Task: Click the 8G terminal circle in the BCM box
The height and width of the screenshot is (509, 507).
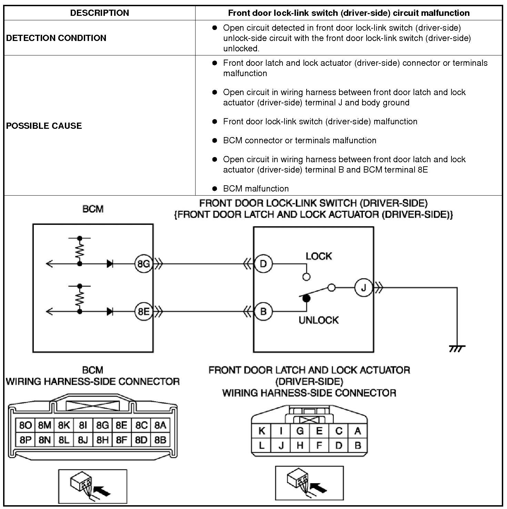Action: pyautogui.click(x=143, y=264)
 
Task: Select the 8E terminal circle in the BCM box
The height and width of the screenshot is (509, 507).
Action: pyautogui.click(x=143, y=312)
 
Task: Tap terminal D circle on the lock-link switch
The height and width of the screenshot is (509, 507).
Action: pyautogui.click(x=263, y=264)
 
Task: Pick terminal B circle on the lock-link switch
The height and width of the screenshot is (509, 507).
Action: pyautogui.click(x=263, y=312)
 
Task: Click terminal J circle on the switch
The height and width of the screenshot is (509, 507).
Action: pyautogui.click(x=363, y=288)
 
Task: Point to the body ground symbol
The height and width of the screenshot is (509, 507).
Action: pyautogui.click(x=457, y=349)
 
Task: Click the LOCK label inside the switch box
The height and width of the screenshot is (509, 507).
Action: pyautogui.click(x=319, y=256)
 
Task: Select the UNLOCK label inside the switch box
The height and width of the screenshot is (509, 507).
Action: pyautogui.click(x=319, y=320)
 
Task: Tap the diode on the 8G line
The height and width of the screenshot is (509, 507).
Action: pyautogui.click(x=110, y=264)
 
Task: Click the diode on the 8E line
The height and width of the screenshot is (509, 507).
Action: pyautogui.click(x=110, y=312)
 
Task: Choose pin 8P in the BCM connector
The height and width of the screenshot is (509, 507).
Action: pyautogui.click(x=26, y=440)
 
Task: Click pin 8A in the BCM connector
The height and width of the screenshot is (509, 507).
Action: pyautogui.click(x=160, y=425)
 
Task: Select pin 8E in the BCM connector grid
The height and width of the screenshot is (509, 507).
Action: pyautogui.click(x=121, y=425)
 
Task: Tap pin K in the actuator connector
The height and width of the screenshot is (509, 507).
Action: pyautogui.click(x=262, y=431)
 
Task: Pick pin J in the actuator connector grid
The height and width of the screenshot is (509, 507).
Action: pyautogui.click(x=281, y=446)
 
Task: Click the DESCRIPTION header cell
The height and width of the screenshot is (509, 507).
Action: pyautogui.click(x=99, y=13)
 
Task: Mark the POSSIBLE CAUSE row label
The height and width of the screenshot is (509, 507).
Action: pyautogui.click(x=44, y=126)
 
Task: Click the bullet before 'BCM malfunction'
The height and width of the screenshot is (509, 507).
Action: pyautogui.click(x=215, y=188)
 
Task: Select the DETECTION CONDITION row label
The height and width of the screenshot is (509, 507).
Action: pyautogui.click(x=56, y=38)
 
